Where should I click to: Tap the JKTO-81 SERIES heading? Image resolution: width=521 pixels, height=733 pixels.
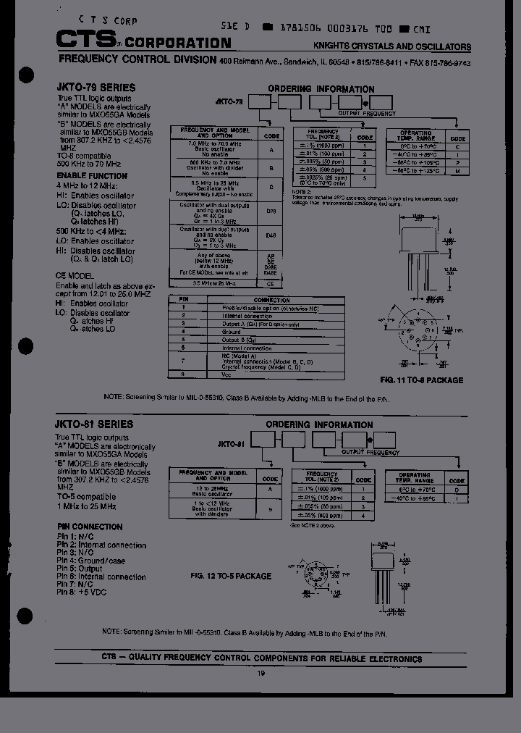94,424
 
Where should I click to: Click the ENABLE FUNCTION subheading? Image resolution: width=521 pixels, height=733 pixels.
91,176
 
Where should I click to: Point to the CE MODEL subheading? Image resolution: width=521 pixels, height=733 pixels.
75,276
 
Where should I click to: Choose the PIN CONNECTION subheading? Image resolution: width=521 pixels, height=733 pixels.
89,527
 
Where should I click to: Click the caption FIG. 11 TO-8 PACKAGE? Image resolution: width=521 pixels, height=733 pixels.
421,380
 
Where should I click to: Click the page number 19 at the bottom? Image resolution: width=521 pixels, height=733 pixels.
261,673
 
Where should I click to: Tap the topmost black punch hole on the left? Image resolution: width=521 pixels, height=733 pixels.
26,75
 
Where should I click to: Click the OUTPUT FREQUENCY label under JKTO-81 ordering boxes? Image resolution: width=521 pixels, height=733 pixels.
370,452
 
